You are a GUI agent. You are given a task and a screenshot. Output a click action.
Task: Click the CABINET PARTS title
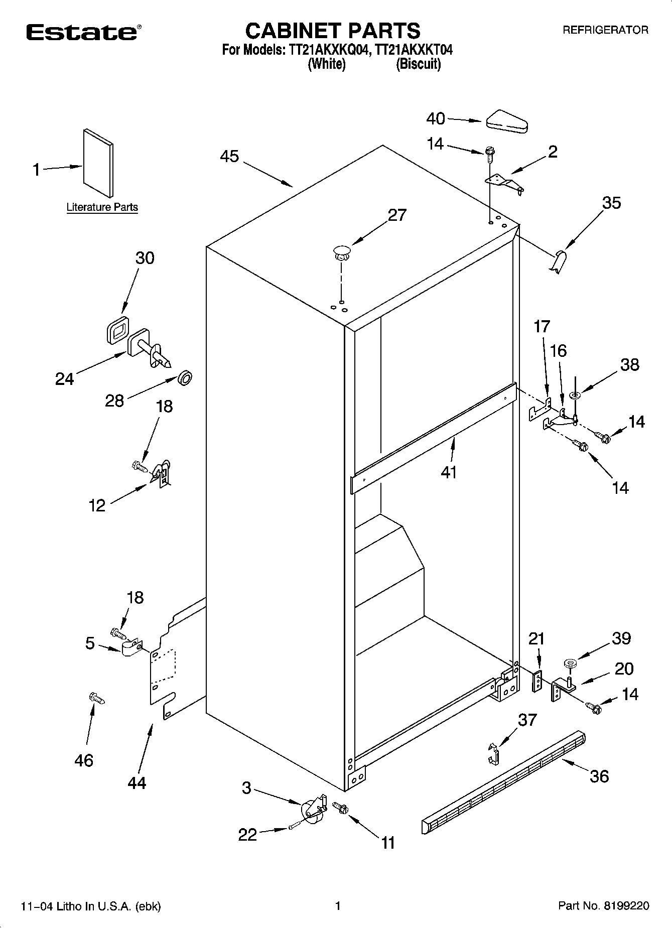click(x=332, y=31)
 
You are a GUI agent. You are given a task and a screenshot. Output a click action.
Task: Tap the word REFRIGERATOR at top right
click(x=605, y=30)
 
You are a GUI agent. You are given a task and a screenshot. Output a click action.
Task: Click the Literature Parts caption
click(x=102, y=207)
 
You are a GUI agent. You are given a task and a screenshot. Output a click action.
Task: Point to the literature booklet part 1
click(x=98, y=164)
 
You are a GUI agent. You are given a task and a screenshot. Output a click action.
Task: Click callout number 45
click(x=229, y=157)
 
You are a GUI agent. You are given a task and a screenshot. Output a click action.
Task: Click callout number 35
click(x=611, y=203)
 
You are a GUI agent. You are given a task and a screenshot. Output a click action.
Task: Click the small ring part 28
click(x=185, y=378)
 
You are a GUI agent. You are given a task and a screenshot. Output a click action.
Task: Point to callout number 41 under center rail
click(x=449, y=472)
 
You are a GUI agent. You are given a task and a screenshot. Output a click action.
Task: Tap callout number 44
click(x=137, y=782)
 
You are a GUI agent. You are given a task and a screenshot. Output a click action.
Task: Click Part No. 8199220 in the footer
click(x=603, y=906)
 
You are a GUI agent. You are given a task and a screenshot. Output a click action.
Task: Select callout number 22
click(x=247, y=835)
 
